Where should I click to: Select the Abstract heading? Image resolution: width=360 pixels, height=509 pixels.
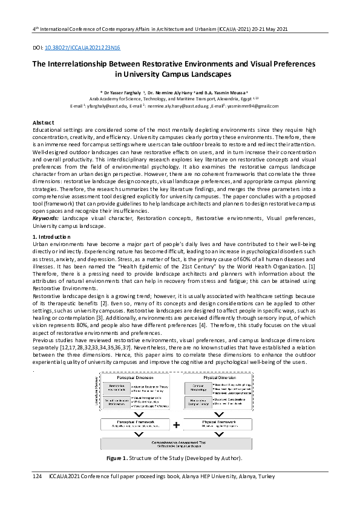(x=43, y=123)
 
